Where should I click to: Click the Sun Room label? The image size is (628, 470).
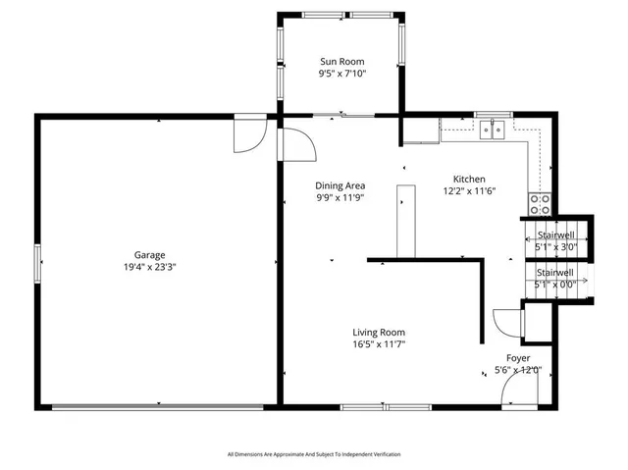(x=341, y=61)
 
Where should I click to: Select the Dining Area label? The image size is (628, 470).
(x=340, y=185)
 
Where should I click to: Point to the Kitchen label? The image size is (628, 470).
(x=468, y=179)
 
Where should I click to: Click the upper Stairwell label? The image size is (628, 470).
(x=554, y=236)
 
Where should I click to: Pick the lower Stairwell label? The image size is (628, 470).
(x=554, y=273)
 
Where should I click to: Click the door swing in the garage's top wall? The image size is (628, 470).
(x=248, y=137)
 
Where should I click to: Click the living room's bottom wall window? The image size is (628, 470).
(x=385, y=406)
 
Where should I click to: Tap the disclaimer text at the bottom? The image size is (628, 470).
(x=314, y=454)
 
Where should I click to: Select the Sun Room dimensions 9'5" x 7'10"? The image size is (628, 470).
(x=341, y=74)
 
